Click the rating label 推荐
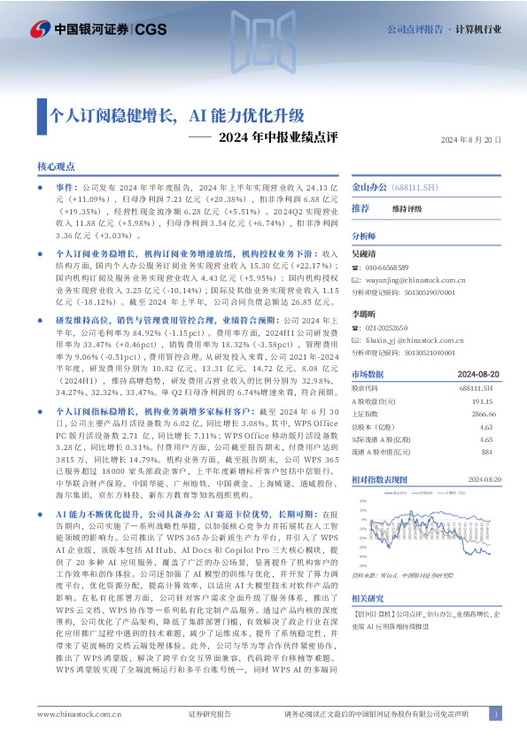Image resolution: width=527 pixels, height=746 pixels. [360, 208]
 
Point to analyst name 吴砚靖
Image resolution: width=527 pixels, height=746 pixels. [363, 253]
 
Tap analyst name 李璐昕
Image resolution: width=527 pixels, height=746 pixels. [363, 315]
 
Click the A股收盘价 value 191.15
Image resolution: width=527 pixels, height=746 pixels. [481, 400]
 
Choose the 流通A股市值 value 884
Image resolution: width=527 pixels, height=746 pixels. [486, 452]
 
